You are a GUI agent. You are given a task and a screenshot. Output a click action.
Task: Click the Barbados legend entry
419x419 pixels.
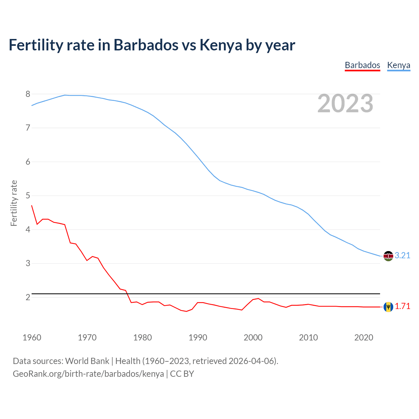tap(362, 65)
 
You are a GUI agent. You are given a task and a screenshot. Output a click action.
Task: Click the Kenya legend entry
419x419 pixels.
tap(398, 65)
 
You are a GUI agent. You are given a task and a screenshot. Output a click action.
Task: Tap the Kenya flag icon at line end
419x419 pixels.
tap(388, 256)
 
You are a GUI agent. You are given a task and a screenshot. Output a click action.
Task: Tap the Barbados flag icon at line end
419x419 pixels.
tap(388, 307)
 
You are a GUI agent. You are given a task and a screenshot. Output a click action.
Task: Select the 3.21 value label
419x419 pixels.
tap(402, 256)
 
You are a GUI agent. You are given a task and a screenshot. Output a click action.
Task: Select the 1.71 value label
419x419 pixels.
tap(402, 306)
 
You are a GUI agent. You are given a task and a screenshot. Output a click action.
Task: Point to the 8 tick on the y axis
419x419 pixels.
tap(28, 94)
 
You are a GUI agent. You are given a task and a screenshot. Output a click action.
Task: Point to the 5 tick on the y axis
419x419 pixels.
tap(28, 196)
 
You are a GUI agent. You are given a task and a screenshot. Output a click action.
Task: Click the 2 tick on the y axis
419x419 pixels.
tap(28, 297)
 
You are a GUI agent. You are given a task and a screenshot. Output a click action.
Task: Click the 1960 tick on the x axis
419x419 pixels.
tap(32, 337)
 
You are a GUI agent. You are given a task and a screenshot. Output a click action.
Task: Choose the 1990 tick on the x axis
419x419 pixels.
tap(198, 337)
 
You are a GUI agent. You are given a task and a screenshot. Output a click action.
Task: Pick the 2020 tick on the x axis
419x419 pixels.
tap(364, 337)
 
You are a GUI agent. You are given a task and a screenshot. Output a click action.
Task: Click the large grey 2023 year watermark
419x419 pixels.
tap(345, 103)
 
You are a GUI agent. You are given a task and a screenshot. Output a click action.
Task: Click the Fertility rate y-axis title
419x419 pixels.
tap(14, 203)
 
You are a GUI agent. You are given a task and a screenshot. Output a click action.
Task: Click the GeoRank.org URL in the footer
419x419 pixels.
tap(88, 374)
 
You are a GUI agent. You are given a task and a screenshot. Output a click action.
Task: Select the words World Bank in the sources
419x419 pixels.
tap(87, 361)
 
